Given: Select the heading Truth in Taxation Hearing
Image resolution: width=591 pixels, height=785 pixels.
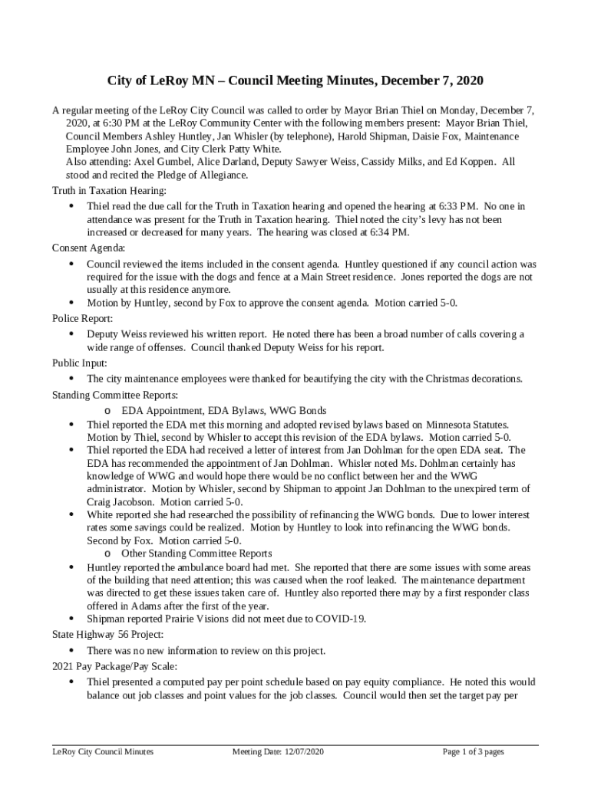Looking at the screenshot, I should click(109, 191).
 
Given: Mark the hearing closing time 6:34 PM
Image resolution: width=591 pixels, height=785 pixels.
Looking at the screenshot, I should click(388, 232).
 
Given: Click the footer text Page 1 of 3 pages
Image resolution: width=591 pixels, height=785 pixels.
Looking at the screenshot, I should click(473, 752).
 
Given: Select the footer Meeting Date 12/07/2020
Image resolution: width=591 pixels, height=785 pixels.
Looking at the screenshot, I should click(278, 752).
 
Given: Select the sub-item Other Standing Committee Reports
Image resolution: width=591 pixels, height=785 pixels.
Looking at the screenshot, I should click(196, 553).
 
